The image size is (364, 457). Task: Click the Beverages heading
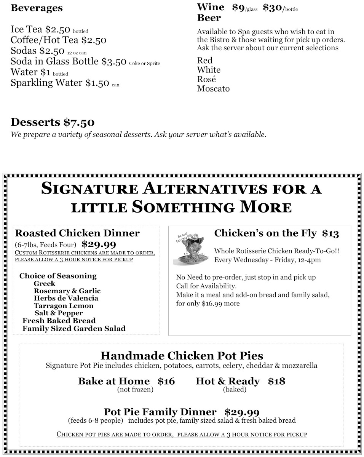37,8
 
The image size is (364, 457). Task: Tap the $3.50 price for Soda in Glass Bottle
114,62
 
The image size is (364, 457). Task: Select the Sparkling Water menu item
47,83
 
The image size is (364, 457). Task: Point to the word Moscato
213,89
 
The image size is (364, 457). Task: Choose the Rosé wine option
206,79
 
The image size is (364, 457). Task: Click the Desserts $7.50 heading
53,122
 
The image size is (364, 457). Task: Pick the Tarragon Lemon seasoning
63,306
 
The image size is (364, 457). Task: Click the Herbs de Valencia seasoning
66,298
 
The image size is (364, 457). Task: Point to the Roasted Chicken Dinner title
77,233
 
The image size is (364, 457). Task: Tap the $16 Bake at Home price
166,381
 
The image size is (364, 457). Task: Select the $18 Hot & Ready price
276,381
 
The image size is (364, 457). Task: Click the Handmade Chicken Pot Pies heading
182,356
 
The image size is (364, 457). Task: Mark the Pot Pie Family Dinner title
160,412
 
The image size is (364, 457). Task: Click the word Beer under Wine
209,18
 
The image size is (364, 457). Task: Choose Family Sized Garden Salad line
74,328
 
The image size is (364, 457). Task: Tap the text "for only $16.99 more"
208,304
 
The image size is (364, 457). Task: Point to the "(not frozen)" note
135,390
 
